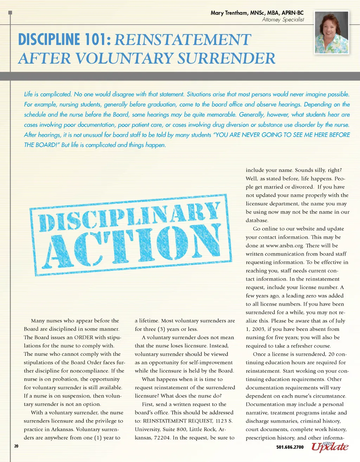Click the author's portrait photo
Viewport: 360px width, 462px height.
332,32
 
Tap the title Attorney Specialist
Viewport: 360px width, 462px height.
283,20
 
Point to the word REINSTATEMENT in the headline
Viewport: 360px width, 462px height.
183,40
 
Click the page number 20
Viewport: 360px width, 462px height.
16,446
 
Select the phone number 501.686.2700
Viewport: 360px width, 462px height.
290,447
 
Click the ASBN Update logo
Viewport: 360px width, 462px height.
329,446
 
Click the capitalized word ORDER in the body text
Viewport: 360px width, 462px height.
84,338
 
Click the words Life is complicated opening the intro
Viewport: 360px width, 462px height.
47,94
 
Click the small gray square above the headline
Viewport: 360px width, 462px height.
10,13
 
